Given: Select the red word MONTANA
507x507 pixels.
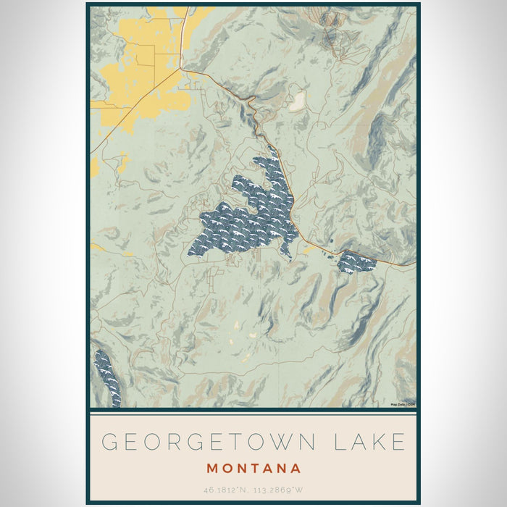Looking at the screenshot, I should (253, 468).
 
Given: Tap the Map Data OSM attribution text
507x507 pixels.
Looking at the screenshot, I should (403, 404).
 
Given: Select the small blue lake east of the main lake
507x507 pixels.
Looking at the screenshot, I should (356, 262).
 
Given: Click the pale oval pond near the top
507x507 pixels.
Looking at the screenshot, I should (296, 102).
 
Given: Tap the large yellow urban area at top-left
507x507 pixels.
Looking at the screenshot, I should (145, 65).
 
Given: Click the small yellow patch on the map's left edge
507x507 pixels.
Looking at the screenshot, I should (94, 167).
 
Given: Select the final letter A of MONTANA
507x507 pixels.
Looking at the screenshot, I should (295, 468).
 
